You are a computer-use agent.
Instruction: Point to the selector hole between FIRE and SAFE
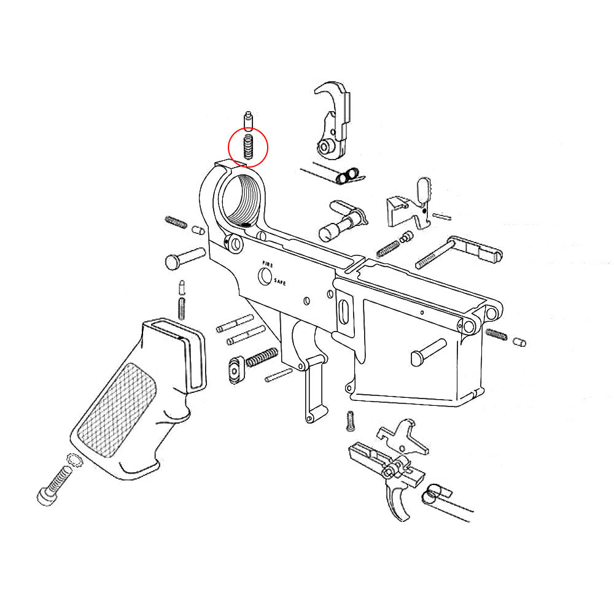coord(265,277)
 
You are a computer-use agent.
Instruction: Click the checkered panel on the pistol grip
coord(120,408)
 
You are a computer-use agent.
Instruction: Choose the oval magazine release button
coord(235,370)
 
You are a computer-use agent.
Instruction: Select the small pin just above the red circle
coord(248,119)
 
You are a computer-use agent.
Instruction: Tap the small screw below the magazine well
coord(351,420)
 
